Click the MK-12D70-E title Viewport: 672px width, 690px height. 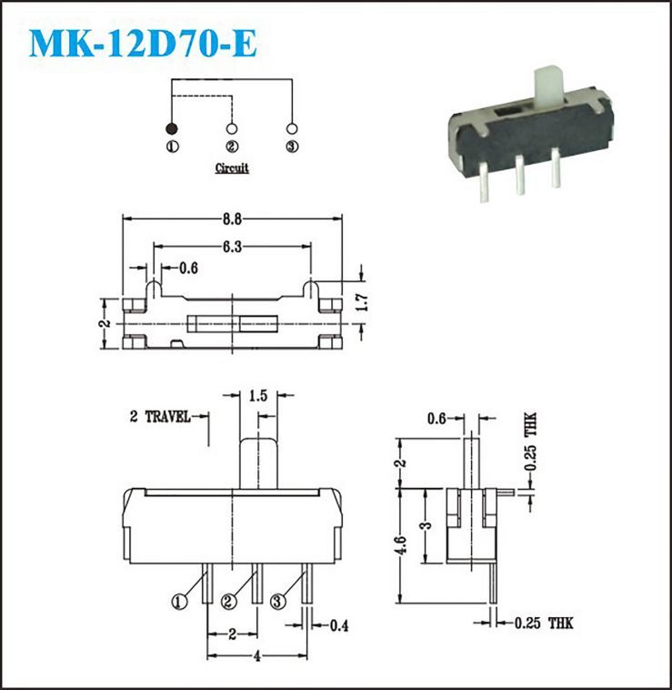click(x=143, y=43)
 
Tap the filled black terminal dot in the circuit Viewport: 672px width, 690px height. click(x=171, y=129)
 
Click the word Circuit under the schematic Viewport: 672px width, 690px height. click(x=232, y=168)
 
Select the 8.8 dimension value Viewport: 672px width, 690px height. click(x=232, y=219)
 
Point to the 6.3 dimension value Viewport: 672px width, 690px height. click(x=232, y=247)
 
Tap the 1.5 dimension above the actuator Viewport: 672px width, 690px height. click(x=258, y=396)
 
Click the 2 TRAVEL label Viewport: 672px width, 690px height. click(x=160, y=416)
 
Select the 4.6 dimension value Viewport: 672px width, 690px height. click(x=400, y=544)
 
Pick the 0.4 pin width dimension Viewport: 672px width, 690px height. click(x=339, y=625)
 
